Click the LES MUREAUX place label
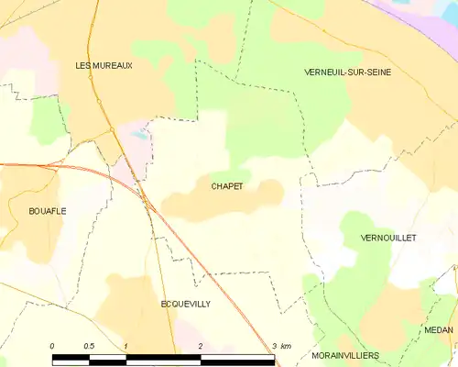click(104, 65)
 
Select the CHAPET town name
click(227, 186)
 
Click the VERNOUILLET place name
click(389, 237)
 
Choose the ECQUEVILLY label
click(185, 304)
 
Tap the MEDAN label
click(439, 328)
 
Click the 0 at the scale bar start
click(52, 345)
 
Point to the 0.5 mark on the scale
click(88, 345)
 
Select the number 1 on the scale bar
click(125, 345)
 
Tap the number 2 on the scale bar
click(200, 345)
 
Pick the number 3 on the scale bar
click(273, 345)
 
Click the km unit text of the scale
click(286, 345)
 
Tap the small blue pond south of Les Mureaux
click(137, 135)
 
